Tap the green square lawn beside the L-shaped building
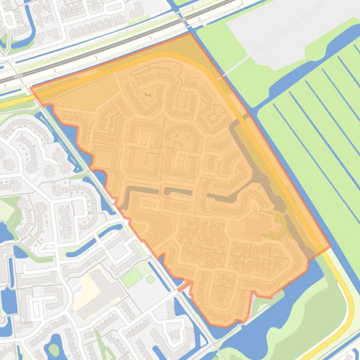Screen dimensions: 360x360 click(x=132, y=278)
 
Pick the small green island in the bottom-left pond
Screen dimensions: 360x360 click(x=54, y=350)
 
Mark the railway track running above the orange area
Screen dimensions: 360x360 click(x=117, y=40)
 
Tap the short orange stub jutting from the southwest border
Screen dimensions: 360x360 click(x=184, y=286)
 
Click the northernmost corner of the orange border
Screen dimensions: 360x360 click(x=190, y=34)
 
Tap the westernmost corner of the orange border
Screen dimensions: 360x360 click(x=31, y=88)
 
